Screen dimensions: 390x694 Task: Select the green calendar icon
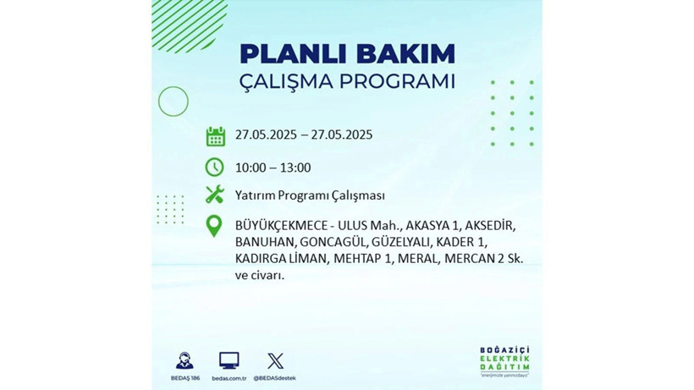pos(215,135)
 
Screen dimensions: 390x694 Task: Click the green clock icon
pos(215,167)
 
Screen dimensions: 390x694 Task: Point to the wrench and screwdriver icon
pos(215,195)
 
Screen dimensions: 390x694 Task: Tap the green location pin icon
pos(215,226)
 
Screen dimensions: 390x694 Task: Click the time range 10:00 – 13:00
pos(273,168)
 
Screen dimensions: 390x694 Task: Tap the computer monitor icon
pos(229,360)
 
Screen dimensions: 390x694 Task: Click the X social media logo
pos(275,360)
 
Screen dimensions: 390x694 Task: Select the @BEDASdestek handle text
pos(275,377)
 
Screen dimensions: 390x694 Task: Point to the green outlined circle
pos(173,102)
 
